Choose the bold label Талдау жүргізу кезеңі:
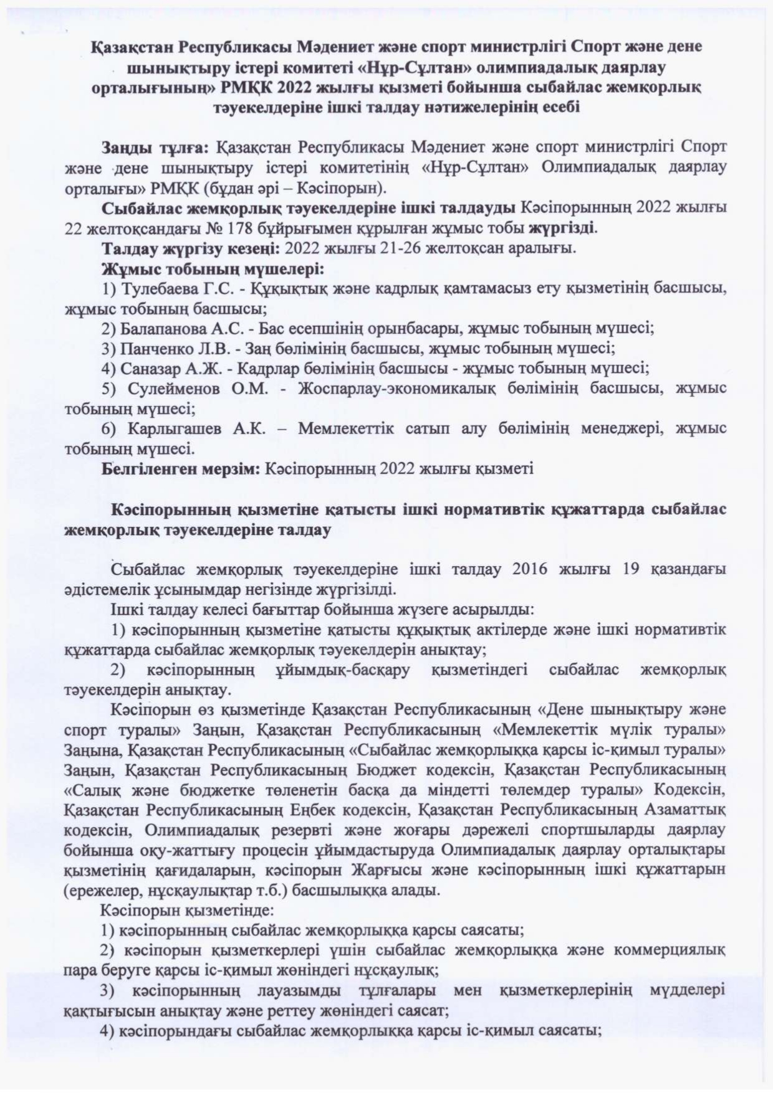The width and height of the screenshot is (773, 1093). [191, 249]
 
